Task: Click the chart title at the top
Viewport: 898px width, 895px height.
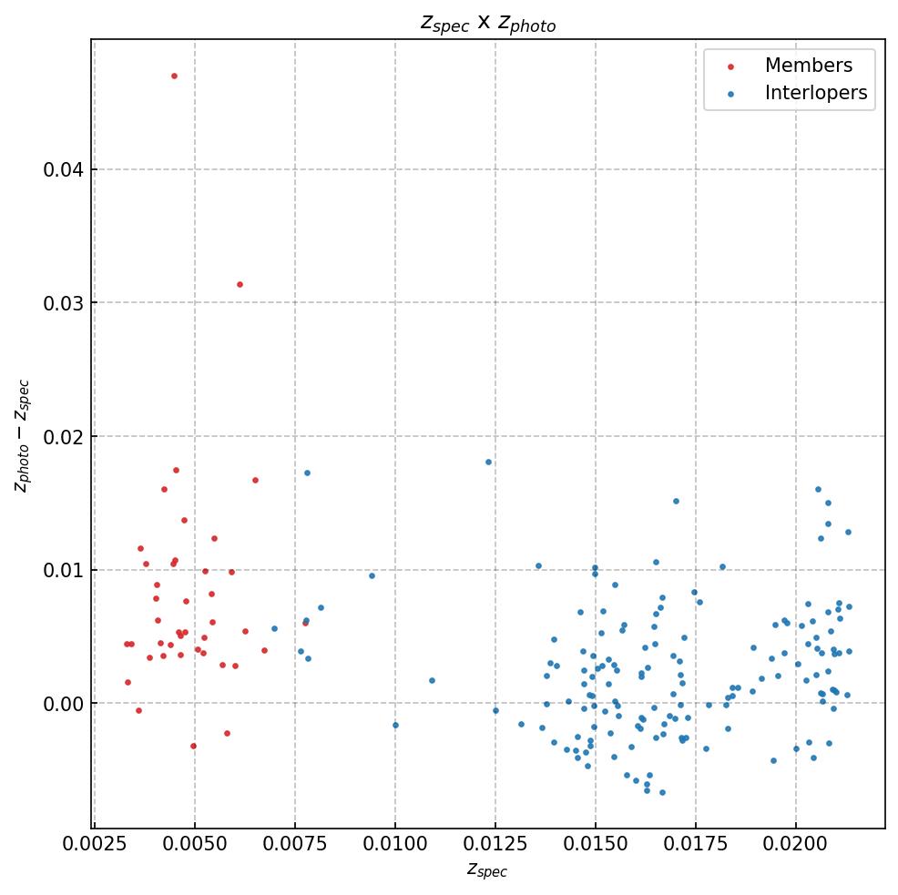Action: tap(487, 24)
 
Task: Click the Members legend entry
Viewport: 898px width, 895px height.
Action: tap(808, 66)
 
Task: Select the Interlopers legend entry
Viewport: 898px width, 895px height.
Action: tap(815, 93)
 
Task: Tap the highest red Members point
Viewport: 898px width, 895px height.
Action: tap(174, 76)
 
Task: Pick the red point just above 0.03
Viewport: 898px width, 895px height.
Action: tap(240, 284)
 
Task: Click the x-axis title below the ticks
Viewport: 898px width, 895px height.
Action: tap(487, 870)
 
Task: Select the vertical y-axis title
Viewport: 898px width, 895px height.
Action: tap(22, 435)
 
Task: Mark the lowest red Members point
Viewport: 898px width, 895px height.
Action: tap(193, 746)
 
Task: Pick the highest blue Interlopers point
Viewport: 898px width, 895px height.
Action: tap(488, 462)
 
